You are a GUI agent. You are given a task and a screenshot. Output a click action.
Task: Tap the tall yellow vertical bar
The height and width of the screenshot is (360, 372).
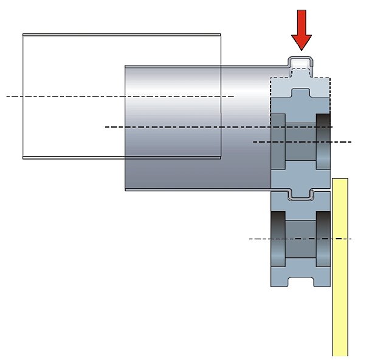(340, 267)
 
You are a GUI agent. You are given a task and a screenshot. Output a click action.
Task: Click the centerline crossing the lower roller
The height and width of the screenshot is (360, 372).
(261, 239)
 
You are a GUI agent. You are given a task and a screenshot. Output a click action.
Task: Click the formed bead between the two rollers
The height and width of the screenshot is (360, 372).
(300, 194)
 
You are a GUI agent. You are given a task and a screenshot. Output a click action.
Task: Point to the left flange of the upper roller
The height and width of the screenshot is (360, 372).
(278, 143)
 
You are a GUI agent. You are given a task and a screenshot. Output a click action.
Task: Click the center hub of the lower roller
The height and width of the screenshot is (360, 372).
(300, 239)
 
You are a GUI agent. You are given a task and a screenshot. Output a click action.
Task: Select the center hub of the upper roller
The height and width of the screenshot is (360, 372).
(300, 143)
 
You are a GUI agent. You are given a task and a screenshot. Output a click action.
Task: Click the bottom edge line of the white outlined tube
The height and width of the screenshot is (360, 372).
(122, 158)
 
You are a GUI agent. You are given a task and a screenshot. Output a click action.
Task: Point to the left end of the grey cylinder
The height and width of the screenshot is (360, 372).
(126, 127)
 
